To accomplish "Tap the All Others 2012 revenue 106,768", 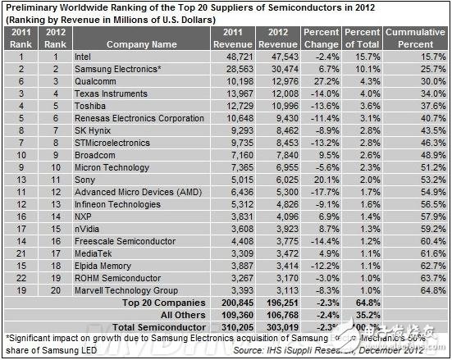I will point(278,314).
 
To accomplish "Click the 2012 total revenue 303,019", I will point(278,326).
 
